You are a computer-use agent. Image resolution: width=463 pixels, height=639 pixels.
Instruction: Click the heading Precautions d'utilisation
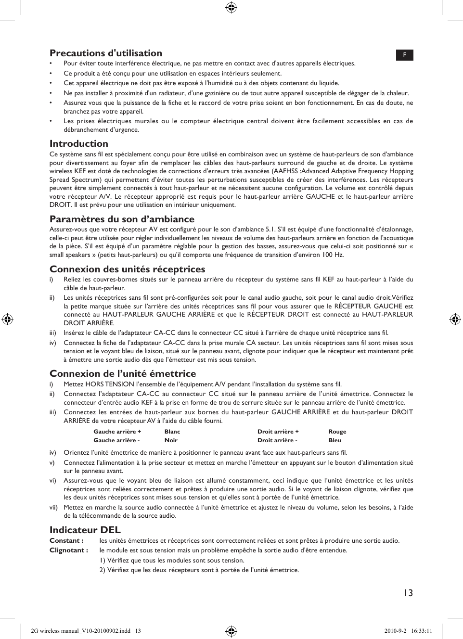[105, 53]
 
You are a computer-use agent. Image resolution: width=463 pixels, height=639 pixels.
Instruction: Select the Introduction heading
[78, 143]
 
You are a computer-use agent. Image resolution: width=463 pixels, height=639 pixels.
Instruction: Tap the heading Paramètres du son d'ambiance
[122, 219]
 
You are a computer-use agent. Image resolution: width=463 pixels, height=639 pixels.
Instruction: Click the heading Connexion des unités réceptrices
[127, 269]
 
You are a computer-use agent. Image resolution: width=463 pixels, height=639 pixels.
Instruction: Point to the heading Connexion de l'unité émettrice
[123, 373]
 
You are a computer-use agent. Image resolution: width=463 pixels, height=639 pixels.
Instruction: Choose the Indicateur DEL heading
[85, 530]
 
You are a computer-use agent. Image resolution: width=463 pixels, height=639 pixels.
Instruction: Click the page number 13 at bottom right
[408, 593]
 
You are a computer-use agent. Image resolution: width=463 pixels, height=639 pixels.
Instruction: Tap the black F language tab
[404, 55]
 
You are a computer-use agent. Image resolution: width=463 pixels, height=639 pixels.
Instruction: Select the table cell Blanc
[172, 432]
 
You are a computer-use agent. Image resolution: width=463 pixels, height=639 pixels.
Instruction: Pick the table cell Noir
[171, 440]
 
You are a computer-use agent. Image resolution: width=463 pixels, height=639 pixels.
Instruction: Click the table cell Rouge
[337, 432]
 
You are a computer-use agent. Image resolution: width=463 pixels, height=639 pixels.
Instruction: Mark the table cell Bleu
[334, 440]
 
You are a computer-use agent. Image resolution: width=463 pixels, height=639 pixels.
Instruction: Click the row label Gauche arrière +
[117, 432]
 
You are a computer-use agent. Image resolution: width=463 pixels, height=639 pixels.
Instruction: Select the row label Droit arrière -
[277, 440]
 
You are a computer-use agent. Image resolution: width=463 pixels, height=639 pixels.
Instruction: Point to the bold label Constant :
[66, 540]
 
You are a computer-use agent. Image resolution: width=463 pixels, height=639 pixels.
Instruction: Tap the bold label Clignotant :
[68, 550]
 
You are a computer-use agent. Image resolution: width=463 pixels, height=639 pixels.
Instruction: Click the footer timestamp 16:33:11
[422, 631]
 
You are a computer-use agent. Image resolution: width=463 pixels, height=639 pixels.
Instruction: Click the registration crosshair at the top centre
[231, 7]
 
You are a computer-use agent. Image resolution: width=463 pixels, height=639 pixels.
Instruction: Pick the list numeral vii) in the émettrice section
[53, 507]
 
